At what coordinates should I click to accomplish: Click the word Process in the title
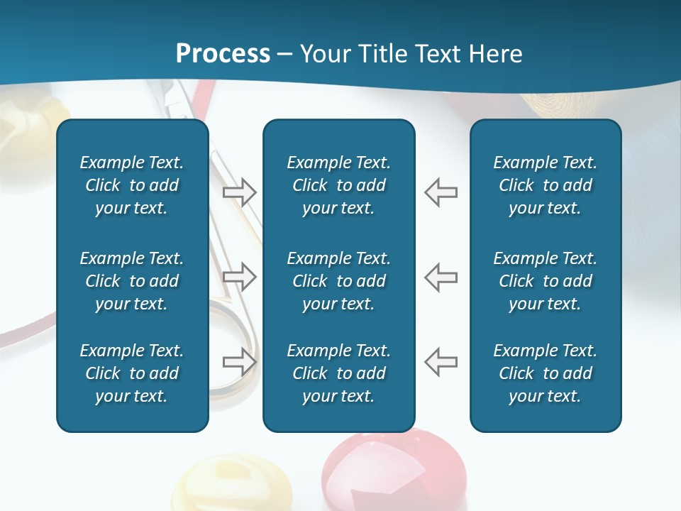tap(223, 54)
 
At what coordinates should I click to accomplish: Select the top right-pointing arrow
tap(240, 192)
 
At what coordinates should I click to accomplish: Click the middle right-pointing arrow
tap(240, 277)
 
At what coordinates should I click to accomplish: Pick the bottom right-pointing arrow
tap(240, 362)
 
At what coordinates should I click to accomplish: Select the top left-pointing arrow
tap(441, 192)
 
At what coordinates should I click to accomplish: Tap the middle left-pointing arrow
tap(441, 277)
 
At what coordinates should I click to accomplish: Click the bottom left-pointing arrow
tap(441, 362)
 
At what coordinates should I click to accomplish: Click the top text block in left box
tap(132, 185)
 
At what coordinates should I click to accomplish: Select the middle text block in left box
tap(132, 281)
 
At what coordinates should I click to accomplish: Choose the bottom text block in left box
tap(132, 373)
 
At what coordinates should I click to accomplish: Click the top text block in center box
tap(338, 185)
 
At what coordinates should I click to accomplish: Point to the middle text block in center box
tap(338, 281)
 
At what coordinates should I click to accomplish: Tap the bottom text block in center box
tap(338, 373)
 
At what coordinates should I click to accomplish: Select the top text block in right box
tap(545, 185)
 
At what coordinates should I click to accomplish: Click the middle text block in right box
tap(545, 281)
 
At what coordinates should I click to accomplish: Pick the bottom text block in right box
tap(545, 373)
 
